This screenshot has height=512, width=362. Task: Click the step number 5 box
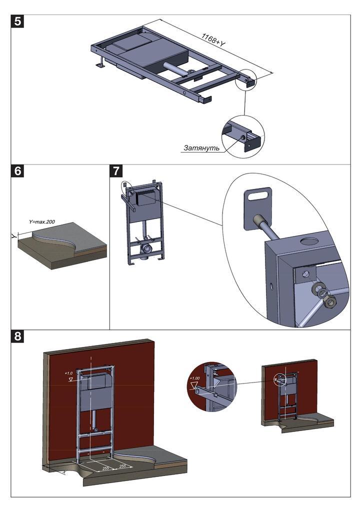coord(18,22)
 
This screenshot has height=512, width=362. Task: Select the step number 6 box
coord(18,171)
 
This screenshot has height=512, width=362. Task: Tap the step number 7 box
coord(116,171)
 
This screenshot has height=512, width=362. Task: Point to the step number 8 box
coord(18,336)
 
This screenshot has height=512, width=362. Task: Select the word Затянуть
coord(201,148)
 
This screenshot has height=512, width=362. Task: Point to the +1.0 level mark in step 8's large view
coord(68,373)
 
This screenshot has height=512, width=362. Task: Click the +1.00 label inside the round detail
coord(194,378)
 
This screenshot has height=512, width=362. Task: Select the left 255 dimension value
coord(105,468)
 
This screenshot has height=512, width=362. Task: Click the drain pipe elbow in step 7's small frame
coord(146,248)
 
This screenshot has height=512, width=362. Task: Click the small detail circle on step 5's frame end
coord(248,80)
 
